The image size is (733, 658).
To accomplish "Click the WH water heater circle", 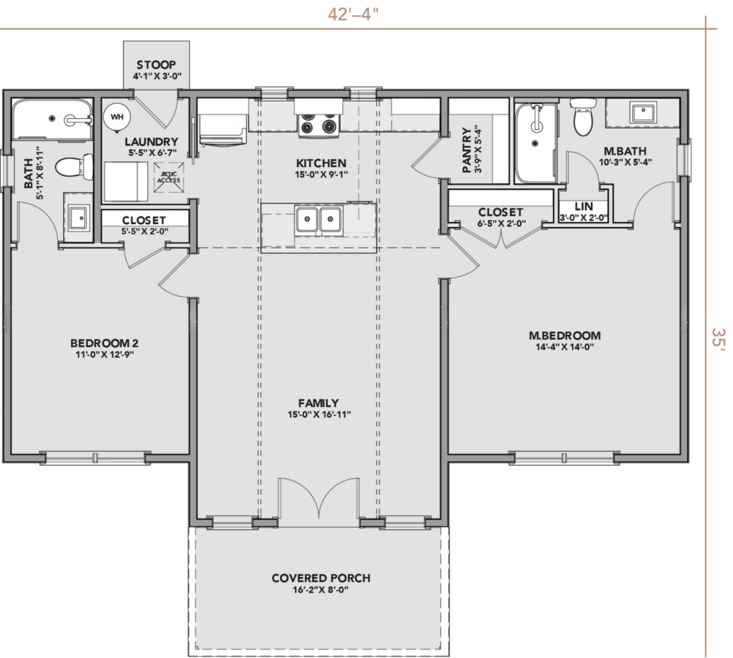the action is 117,117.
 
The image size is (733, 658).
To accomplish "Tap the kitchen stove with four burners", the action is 319,125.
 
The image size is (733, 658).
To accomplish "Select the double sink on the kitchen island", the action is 319,219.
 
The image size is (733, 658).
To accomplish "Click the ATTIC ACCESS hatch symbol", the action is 168,178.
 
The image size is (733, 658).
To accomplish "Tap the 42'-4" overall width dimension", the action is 353,14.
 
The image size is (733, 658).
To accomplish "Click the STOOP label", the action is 156,64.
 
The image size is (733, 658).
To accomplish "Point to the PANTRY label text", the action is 466,150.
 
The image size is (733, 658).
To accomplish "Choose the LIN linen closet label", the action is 583,206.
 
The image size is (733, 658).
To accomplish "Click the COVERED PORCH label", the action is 321,578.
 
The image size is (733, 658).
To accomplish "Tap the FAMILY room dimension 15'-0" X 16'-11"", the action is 319,415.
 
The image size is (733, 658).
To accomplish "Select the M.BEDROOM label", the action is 565,335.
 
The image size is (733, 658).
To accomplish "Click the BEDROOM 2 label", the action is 105,343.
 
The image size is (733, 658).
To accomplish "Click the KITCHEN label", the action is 321,163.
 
